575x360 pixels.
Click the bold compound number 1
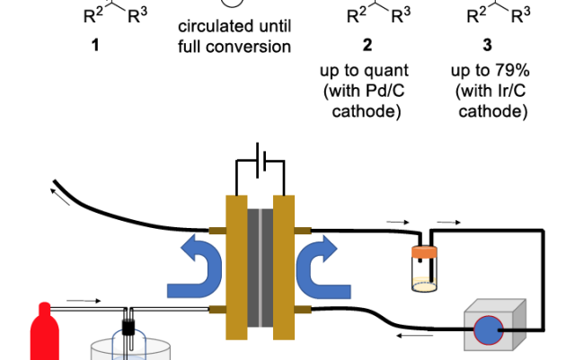(95, 44)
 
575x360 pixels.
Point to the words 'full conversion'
(234, 45)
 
